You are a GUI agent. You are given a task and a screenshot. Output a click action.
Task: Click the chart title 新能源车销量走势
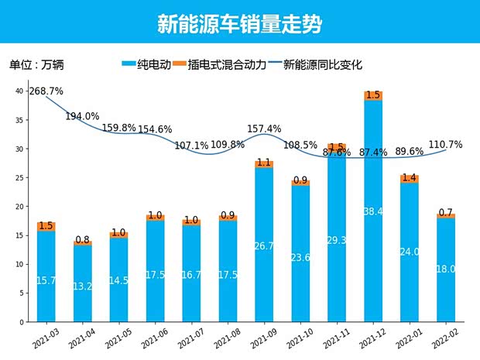pyautogui.click(x=239, y=23)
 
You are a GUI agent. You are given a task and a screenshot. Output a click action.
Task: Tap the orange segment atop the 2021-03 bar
pyautogui.click(x=46, y=227)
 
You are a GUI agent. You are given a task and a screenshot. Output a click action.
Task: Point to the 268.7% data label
pyautogui.click(x=46, y=91)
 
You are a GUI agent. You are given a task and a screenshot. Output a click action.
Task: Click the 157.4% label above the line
pyautogui.click(x=264, y=129)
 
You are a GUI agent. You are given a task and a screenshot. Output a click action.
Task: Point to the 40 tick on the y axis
pyautogui.click(x=21, y=91)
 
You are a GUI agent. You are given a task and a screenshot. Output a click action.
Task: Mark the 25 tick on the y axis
pyautogui.click(x=21, y=178)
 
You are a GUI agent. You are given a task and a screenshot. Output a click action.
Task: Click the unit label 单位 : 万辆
pyautogui.click(x=34, y=65)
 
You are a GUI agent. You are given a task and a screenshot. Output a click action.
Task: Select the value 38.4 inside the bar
pyautogui.click(x=373, y=211)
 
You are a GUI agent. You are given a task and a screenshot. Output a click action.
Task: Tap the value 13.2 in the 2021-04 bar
pyautogui.click(x=82, y=286)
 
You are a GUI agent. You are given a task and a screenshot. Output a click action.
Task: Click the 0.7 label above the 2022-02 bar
pyautogui.click(x=445, y=212)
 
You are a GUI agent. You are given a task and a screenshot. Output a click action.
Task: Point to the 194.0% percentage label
pyautogui.click(x=82, y=117)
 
